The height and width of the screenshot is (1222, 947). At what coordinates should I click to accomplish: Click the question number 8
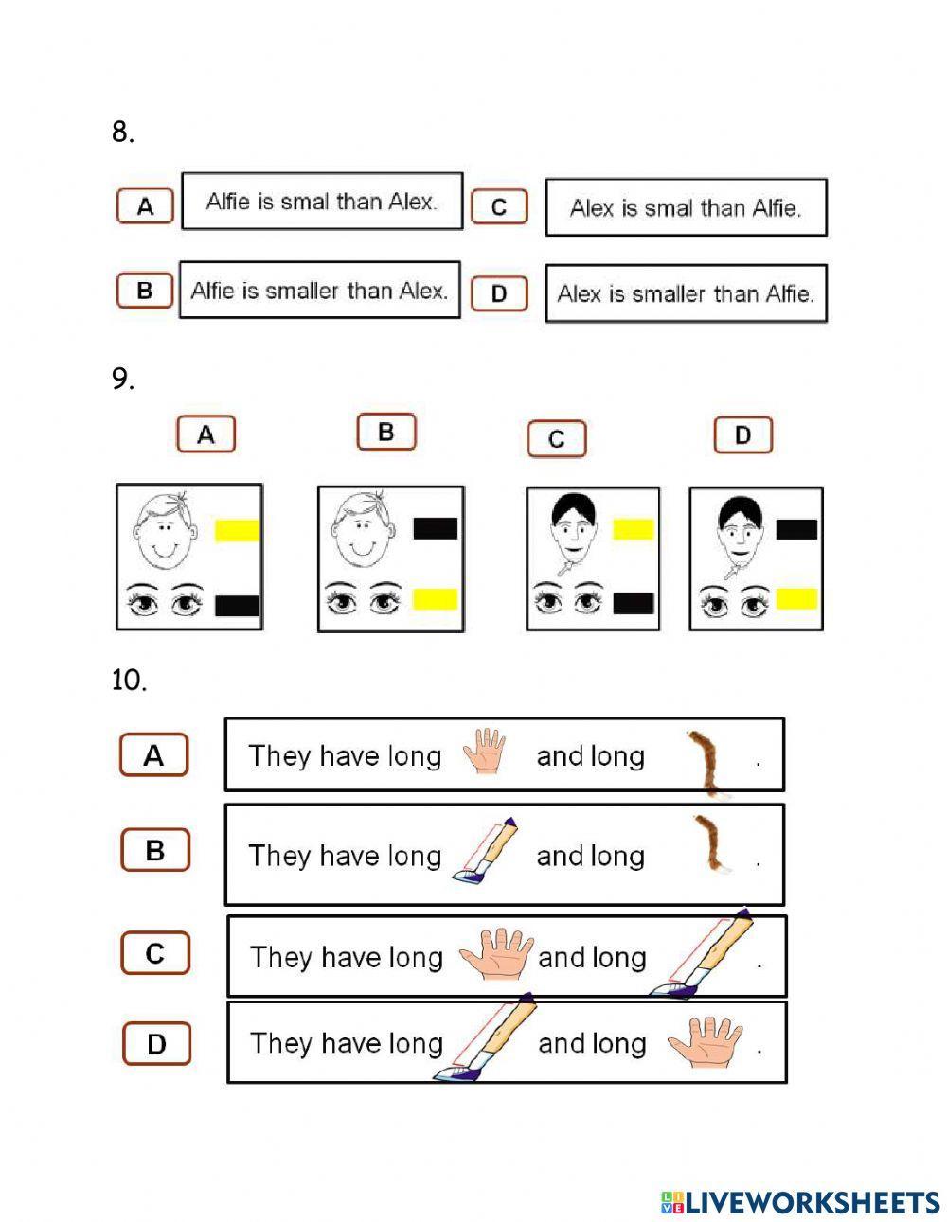(122, 133)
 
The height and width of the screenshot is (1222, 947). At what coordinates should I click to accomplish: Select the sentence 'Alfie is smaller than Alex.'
(319, 291)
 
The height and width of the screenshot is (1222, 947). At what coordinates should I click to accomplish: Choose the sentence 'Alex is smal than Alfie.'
(686, 208)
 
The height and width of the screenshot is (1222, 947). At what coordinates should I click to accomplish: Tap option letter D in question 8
(498, 293)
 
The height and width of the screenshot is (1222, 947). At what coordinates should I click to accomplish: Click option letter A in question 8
(145, 205)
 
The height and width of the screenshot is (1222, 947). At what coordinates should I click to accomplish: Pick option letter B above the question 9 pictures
(385, 433)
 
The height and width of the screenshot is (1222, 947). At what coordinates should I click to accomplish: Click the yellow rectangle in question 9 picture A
(237, 530)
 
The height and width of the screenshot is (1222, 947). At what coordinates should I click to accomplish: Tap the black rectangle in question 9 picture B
(436, 528)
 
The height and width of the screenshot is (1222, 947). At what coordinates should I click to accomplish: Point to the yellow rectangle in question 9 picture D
(796, 598)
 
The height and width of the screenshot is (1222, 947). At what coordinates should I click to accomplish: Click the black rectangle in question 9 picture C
(634, 603)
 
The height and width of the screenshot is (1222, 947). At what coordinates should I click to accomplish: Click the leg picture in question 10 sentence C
(702, 954)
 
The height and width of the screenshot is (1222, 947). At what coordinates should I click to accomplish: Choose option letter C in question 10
(155, 953)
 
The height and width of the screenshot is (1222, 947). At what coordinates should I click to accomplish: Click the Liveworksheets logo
(800, 1202)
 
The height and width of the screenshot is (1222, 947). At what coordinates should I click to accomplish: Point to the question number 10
(129, 681)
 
